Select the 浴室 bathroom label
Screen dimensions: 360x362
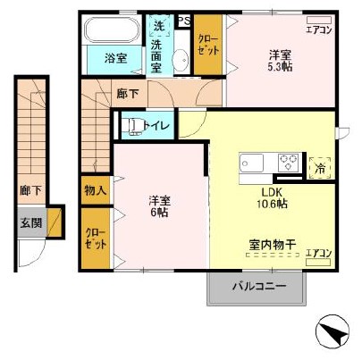115,59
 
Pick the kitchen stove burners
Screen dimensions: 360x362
289,163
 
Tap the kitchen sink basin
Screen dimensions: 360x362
250,164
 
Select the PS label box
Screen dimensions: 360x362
184,21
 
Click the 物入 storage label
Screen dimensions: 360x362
95,189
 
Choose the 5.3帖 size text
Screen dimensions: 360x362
280,64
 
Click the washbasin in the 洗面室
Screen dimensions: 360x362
178,61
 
